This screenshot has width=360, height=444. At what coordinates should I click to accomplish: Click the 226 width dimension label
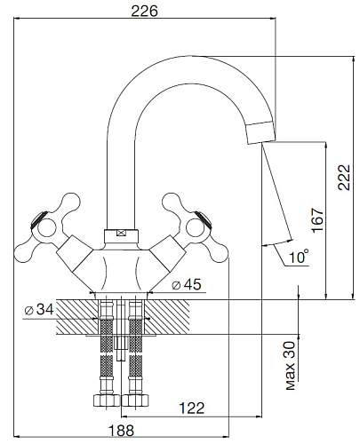144,12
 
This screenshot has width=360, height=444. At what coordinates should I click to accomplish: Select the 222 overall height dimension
344,178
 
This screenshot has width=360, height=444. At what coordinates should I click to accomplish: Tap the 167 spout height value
317,220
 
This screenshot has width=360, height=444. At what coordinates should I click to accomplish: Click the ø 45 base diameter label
187,284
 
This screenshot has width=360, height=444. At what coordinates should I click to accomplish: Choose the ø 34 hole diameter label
39,310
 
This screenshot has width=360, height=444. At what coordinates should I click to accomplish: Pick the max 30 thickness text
291,365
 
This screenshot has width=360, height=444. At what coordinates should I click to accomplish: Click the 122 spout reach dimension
192,408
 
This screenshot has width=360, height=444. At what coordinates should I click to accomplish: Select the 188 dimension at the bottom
121,431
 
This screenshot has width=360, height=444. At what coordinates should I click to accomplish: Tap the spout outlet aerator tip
261,133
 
